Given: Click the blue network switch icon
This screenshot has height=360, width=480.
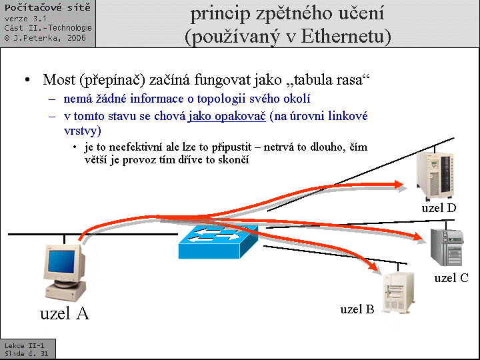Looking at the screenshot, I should pyautogui.click(x=218, y=242).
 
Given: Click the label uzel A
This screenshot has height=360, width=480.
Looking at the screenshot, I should pyautogui.click(x=65, y=313).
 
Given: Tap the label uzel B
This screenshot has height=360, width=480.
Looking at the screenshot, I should pyautogui.click(x=357, y=309).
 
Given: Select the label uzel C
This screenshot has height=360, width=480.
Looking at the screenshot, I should pyautogui.click(x=451, y=278).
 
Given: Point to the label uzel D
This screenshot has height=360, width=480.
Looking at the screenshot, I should pyautogui.click(x=439, y=208).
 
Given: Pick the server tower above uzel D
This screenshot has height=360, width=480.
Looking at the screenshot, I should pyautogui.click(x=435, y=175).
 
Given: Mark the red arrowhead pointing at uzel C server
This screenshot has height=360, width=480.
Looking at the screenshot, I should pyautogui.click(x=416, y=237).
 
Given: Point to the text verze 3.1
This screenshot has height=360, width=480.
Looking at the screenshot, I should pyautogui.click(x=25, y=19).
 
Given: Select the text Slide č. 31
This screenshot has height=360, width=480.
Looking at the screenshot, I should pyautogui.click(x=26, y=354).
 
